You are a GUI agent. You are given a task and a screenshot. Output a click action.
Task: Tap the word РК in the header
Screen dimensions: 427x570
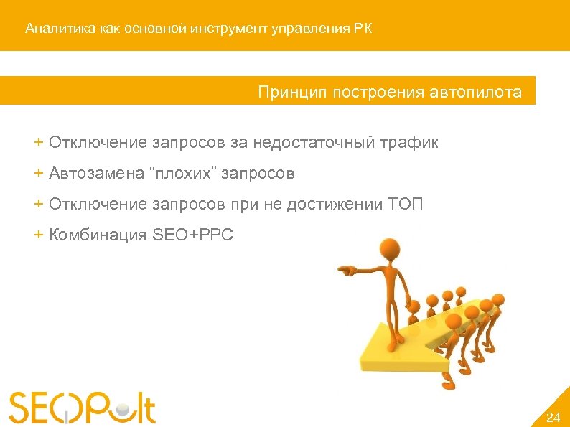pyautogui.click(x=363, y=29)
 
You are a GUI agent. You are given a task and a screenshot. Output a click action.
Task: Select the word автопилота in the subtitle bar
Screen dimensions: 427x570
pyautogui.click(x=476, y=93)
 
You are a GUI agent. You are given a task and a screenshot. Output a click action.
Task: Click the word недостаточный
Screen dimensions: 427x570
pyautogui.click(x=309, y=143)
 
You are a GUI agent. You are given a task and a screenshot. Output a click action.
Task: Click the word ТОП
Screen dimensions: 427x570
pyautogui.click(x=406, y=205)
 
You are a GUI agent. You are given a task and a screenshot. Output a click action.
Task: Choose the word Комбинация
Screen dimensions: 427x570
pyautogui.click(x=98, y=235)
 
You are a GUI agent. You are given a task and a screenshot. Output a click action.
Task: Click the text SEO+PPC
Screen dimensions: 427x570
pyautogui.click(x=193, y=235)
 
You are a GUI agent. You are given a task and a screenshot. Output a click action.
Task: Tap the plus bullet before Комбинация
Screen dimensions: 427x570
pyautogui.click(x=39, y=235)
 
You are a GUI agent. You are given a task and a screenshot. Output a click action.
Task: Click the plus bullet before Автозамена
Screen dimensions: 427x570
pyautogui.click(x=39, y=173)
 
